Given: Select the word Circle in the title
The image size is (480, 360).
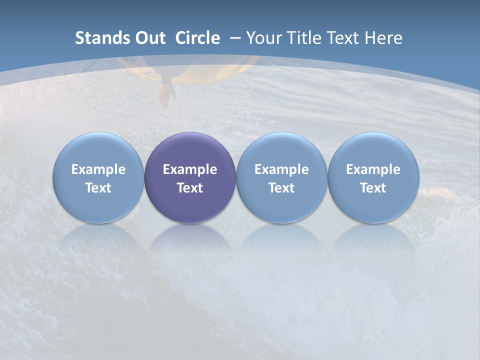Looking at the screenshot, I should [197, 38].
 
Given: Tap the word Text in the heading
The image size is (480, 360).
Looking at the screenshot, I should [342, 38].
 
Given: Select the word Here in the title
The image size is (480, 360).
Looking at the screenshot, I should [383, 38].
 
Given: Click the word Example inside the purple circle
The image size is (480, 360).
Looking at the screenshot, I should [190, 169].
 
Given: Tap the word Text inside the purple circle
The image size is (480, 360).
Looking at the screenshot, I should [190, 188].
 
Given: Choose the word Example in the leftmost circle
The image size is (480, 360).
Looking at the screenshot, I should [98, 169].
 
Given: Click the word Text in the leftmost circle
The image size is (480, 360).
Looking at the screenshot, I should [98, 188].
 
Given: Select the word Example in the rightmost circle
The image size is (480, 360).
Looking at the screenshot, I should [373, 169].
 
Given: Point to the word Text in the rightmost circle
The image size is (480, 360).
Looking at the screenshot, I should [373, 188].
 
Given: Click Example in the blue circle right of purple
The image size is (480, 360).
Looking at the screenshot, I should [281, 169].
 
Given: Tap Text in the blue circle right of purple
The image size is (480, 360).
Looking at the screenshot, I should [281, 188].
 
